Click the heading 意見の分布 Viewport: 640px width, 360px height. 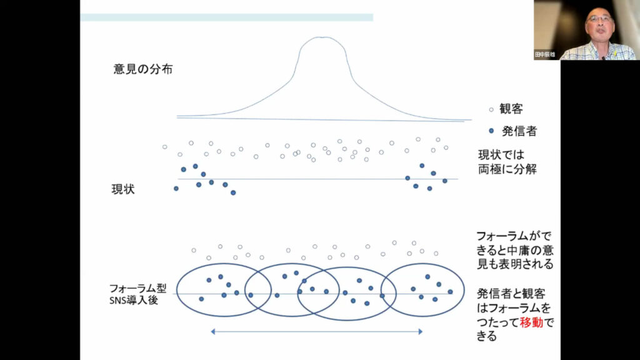143,69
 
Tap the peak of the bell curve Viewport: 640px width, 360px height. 322,37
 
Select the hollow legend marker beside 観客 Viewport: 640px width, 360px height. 491,109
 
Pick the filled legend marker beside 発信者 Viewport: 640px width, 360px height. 491,131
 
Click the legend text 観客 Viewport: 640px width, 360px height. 511,109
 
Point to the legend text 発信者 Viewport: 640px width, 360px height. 519,131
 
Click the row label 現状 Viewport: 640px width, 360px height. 123,189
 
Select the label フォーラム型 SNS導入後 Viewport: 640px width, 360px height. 138,294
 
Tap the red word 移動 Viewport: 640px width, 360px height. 531,322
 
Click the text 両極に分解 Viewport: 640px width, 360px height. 507,169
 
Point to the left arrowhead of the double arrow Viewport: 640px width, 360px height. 212,331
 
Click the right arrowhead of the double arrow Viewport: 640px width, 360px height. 421,331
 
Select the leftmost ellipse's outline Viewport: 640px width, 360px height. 176,290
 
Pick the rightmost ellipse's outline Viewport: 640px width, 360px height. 464,290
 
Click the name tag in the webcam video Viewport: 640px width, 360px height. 545,54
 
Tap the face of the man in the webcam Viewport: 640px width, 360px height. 599,24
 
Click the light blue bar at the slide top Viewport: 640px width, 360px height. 226,17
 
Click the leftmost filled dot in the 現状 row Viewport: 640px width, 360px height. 176,189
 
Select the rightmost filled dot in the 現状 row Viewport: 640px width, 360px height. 445,181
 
